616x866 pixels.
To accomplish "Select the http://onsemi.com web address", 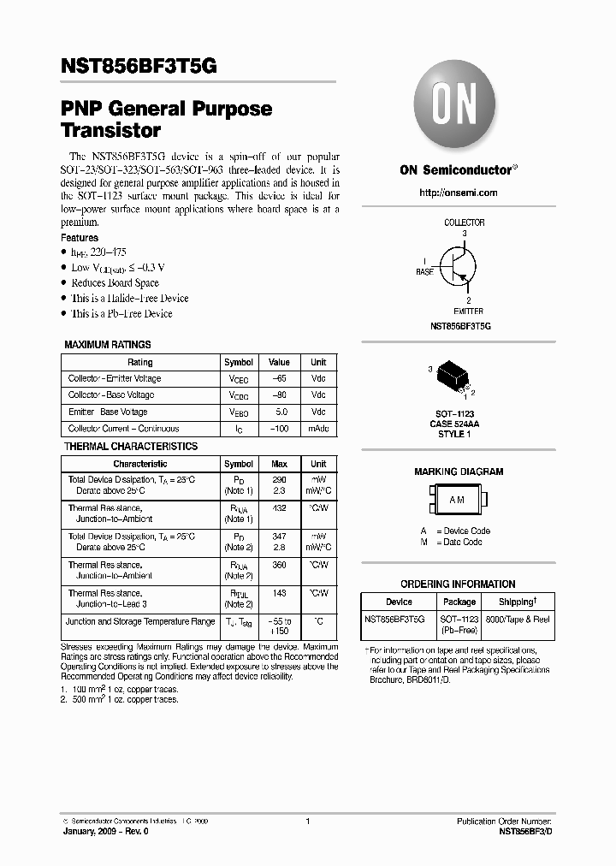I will click(458, 193).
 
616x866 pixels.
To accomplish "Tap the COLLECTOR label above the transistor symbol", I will click(464, 222).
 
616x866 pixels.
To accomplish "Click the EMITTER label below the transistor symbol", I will click(468, 311).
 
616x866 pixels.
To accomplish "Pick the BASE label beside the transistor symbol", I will click(424, 271).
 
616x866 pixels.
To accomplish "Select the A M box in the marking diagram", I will click(458, 498).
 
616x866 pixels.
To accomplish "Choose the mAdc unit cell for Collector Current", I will click(318, 429).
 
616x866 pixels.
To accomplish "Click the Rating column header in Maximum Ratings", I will click(139, 362).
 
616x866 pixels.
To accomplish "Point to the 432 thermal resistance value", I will click(279, 508).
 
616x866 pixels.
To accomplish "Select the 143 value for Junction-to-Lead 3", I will click(279, 592).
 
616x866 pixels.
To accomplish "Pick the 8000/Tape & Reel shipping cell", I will click(517, 619).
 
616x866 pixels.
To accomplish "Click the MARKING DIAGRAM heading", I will click(459, 472).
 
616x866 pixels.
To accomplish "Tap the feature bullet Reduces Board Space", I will click(115, 283).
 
